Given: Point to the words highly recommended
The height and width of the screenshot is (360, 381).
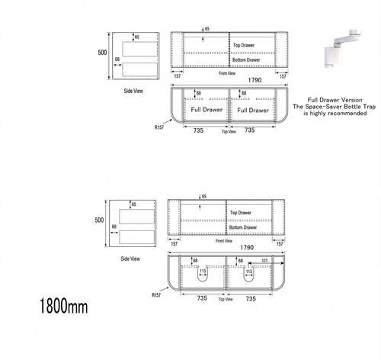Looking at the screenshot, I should [339, 114].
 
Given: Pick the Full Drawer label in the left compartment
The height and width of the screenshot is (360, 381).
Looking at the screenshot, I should [201, 110].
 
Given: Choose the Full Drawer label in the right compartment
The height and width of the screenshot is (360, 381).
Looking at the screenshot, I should [252, 110].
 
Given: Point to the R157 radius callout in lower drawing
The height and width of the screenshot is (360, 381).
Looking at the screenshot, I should [157, 294].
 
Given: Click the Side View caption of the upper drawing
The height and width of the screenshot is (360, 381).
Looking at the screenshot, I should [133, 90].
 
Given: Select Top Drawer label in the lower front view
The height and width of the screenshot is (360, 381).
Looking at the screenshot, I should [241, 213].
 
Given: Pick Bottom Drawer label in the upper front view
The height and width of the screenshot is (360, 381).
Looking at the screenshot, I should [246, 59].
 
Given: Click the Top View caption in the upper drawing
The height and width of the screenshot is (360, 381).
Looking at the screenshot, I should [229, 132].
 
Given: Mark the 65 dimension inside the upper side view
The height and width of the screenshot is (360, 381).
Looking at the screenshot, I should [137, 37].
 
